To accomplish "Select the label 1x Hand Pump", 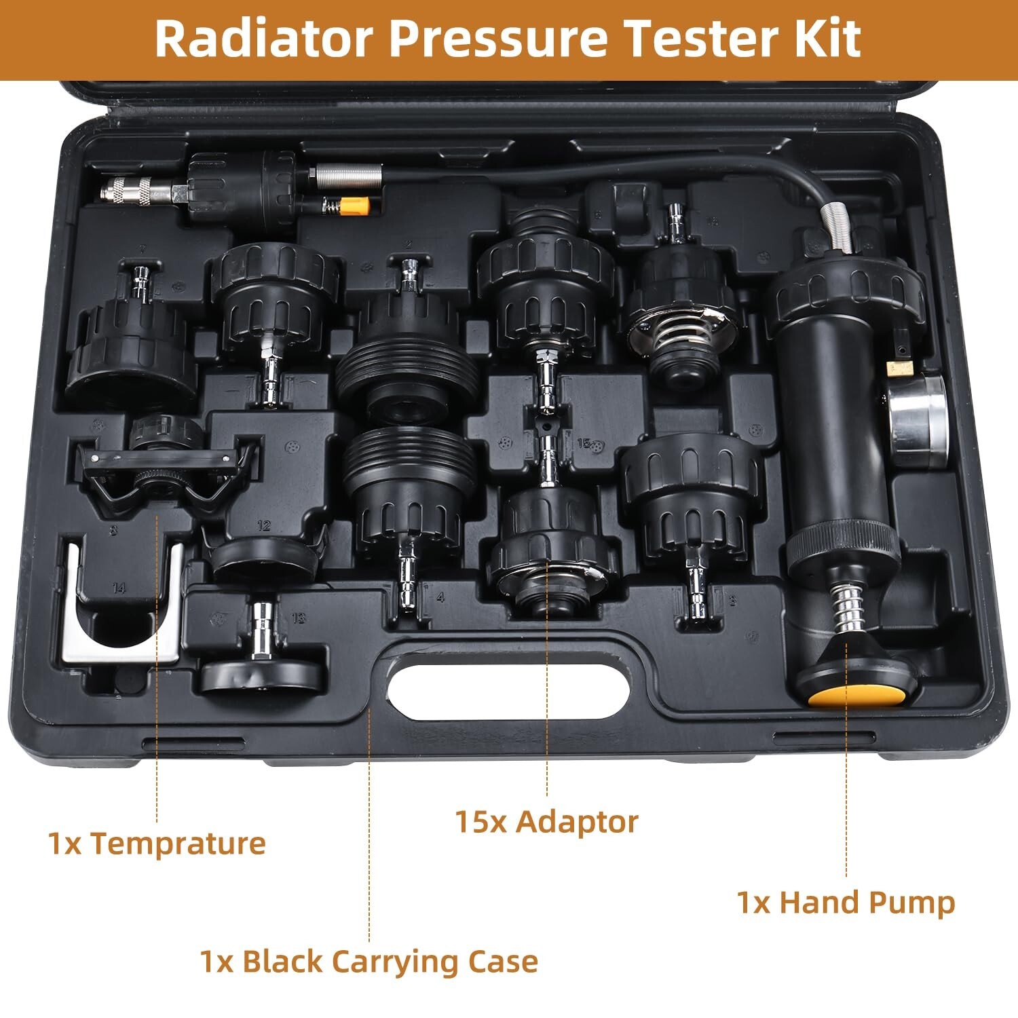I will (846, 903).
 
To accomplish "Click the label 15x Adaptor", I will (546, 821).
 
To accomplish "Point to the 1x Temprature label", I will (157, 844).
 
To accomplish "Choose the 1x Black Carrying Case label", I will (369, 962).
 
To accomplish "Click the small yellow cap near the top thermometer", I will (354, 205).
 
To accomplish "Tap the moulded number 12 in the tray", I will (264, 525).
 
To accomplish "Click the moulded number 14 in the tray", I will (119, 587).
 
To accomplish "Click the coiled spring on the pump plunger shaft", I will (847, 607).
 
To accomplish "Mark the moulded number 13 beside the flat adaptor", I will (299, 618).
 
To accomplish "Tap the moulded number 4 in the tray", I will (440, 597).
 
